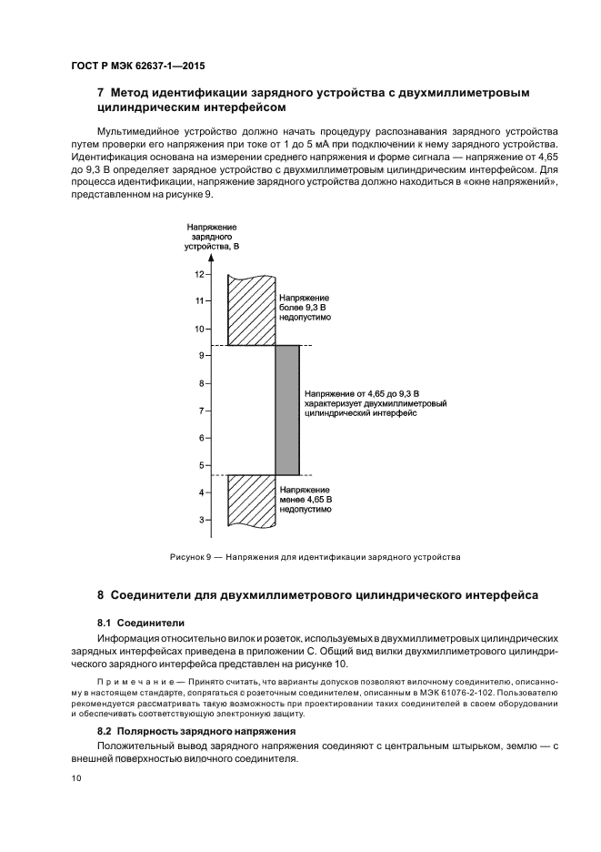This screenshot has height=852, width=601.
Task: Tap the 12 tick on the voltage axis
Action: [x=200, y=273]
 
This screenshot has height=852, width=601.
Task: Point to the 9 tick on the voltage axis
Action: [x=202, y=356]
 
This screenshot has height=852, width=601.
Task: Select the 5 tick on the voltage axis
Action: [x=202, y=466]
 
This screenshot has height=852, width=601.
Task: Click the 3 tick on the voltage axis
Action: [x=202, y=521]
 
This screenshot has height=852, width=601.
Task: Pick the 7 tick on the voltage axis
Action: [x=202, y=411]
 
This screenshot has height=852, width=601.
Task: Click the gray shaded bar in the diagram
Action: [x=287, y=410]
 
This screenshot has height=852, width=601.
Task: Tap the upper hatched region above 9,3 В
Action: [x=251, y=310]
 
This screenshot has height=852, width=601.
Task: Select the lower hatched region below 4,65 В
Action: [x=251, y=500]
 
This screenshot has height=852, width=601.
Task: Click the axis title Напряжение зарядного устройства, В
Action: [x=212, y=236]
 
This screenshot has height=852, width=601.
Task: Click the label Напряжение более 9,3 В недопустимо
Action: [x=305, y=309]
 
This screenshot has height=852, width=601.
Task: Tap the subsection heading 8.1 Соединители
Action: [x=141, y=623]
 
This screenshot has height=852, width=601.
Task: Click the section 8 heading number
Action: [x=101, y=595]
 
